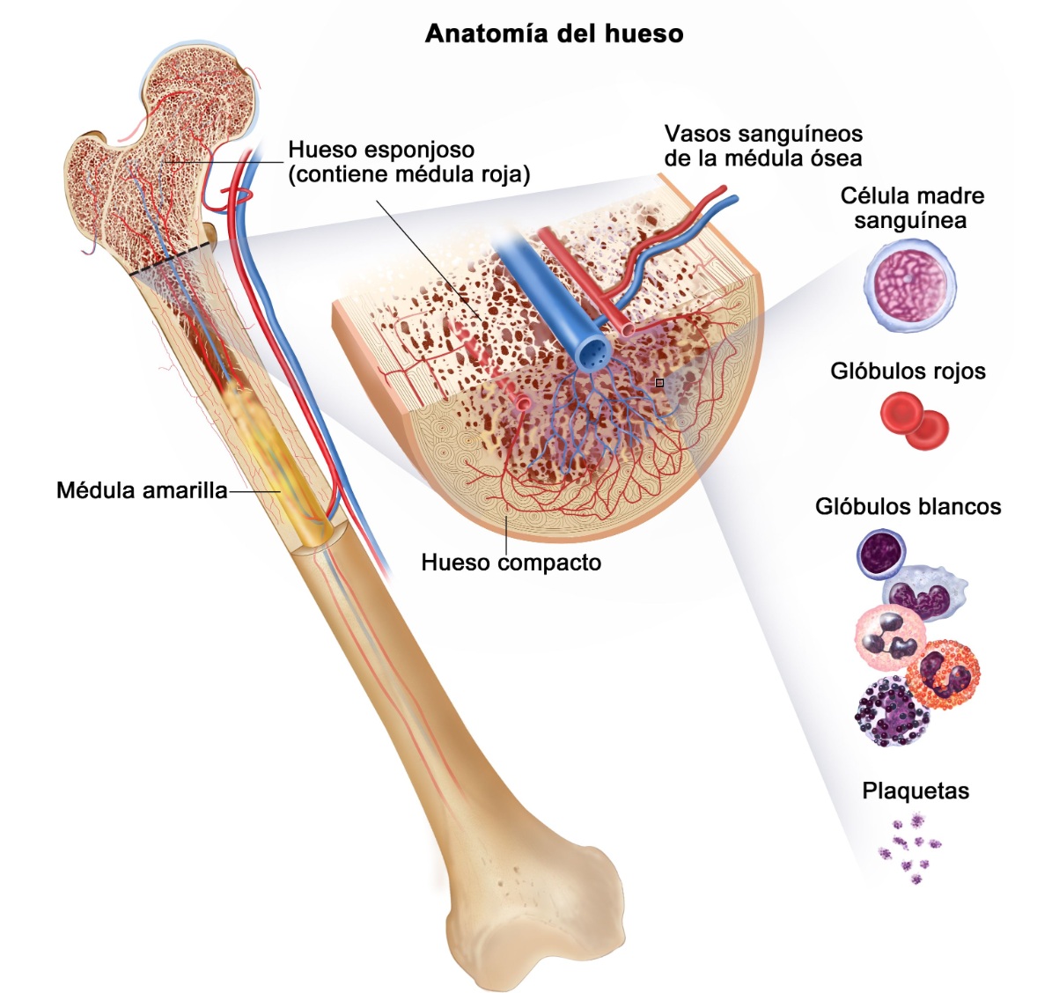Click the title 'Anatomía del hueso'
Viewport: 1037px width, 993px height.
555,33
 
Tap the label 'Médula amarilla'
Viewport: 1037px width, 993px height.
142,490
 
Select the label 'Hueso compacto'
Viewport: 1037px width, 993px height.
511,563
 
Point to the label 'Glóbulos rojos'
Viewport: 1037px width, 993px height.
908,371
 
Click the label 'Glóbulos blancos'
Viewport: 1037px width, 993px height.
908,507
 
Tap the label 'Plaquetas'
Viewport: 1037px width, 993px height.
916,791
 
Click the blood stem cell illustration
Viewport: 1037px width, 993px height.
909,285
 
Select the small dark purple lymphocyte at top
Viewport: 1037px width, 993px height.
881,553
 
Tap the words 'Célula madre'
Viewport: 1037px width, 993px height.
912,195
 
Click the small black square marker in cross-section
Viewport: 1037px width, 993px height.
659,382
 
